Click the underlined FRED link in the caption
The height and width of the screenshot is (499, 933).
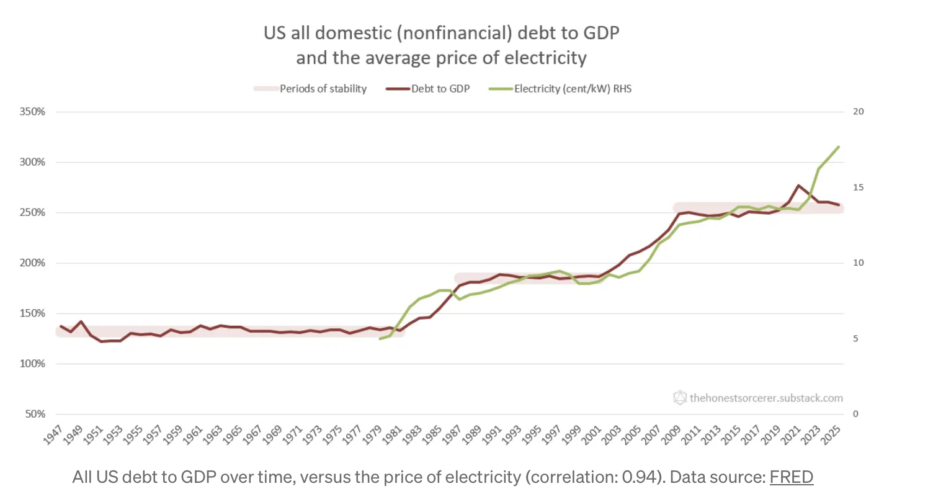click(x=791, y=477)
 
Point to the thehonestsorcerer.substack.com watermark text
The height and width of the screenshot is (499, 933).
click(x=766, y=398)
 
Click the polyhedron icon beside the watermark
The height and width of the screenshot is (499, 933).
click(x=680, y=398)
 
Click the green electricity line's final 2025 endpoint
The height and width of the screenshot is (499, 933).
click(x=839, y=146)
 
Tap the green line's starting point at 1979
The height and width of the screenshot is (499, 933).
click(x=380, y=338)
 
